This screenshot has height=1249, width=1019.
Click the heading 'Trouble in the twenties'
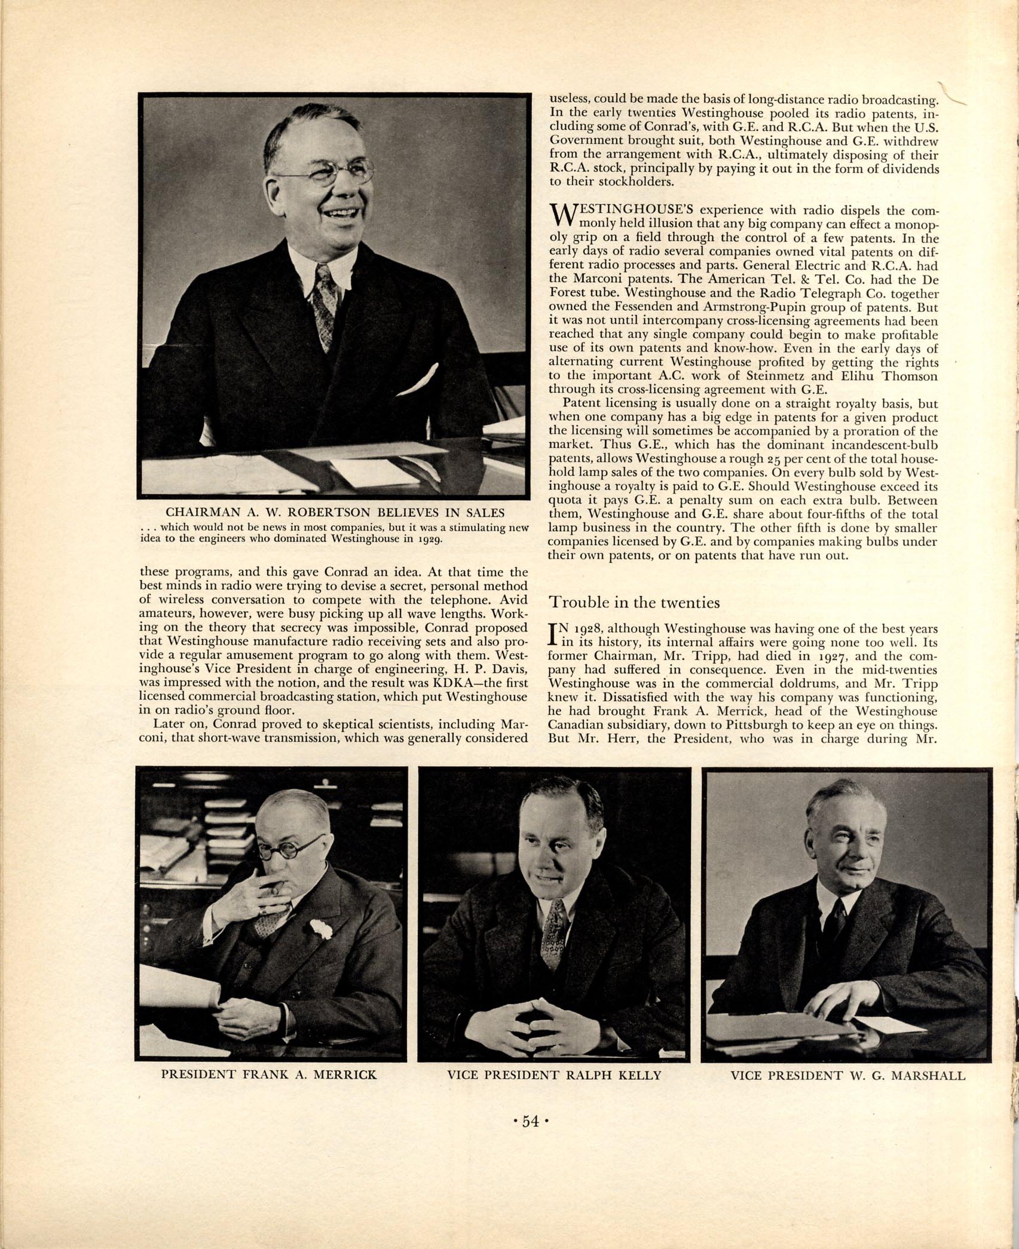(634, 602)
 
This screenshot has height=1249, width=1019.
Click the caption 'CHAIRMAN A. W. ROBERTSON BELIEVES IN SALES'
(335, 512)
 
